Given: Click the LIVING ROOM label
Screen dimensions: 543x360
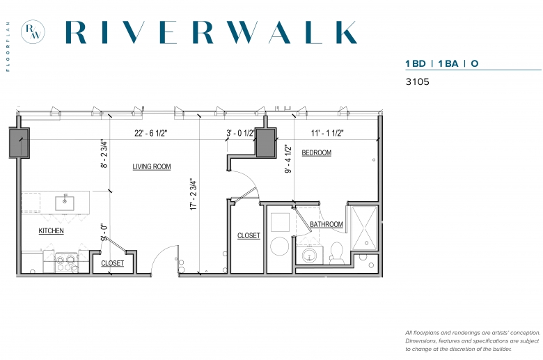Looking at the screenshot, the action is pyautogui.click(x=152, y=166).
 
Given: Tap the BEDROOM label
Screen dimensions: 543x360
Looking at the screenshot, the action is pyautogui.click(x=317, y=152).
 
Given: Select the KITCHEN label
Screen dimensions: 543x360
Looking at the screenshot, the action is pyautogui.click(x=52, y=230).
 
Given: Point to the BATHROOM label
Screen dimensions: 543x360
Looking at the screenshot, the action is pyautogui.click(x=326, y=224).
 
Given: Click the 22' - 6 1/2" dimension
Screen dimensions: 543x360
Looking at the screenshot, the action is pyautogui.click(x=151, y=133).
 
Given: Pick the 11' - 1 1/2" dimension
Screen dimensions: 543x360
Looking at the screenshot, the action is pyautogui.click(x=327, y=133).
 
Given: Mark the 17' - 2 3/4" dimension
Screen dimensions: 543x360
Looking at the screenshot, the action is pyautogui.click(x=194, y=195).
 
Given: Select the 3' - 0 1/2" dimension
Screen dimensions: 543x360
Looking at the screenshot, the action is pyautogui.click(x=240, y=133).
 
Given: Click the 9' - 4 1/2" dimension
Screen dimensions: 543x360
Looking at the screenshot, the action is pyautogui.click(x=288, y=159).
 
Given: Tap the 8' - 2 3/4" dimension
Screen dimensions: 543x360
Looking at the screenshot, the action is pyautogui.click(x=104, y=154).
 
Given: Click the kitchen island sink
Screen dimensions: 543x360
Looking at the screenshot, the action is pyautogui.click(x=65, y=203).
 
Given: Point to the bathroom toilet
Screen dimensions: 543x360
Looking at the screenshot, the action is pyautogui.click(x=336, y=253).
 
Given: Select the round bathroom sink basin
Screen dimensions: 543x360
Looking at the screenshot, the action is pyautogui.click(x=309, y=256).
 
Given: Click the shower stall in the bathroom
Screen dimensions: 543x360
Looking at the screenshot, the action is pyautogui.click(x=364, y=228).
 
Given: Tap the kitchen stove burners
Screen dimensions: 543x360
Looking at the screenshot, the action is pyautogui.click(x=67, y=263).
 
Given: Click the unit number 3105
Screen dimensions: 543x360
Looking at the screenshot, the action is pyautogui.click(x=417, y=81).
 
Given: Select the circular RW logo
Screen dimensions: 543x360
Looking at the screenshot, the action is pyautogui.click(x=33, y=32).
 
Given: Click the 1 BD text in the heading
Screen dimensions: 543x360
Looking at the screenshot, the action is pyautogui.click(x=416, y=64).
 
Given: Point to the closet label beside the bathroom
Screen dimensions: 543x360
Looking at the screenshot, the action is pyautogui.click(x=249, y=235).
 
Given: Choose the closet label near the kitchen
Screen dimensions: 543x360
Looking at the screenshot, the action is pyautogui.click(x=113, y=263).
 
